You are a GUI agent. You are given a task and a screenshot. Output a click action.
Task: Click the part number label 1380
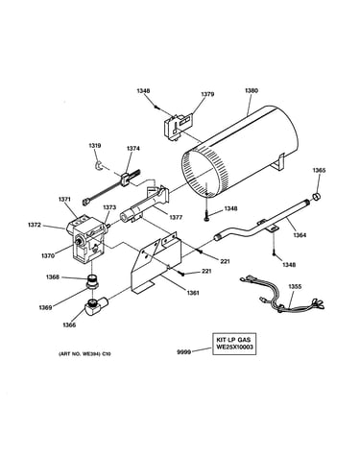coord(252,90)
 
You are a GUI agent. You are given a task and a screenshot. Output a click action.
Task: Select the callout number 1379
coord(207,94)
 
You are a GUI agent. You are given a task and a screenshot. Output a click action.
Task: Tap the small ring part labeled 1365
coord(317,196)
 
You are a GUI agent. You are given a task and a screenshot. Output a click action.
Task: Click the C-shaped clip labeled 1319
coord(100,166)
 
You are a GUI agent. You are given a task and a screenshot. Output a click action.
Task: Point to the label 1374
coord(133,149)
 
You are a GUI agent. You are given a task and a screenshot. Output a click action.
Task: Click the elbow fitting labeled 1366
coord(96,305)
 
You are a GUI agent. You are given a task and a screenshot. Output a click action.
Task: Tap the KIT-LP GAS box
coord(234,344)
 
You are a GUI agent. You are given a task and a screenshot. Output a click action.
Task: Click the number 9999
coord(183,352)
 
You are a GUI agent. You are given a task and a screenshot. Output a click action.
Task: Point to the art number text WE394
coord(88,354)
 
